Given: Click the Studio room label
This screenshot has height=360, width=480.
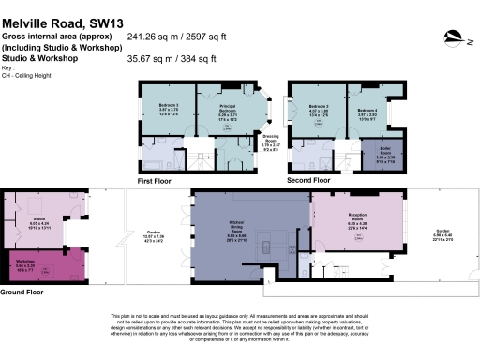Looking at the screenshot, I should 39,223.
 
